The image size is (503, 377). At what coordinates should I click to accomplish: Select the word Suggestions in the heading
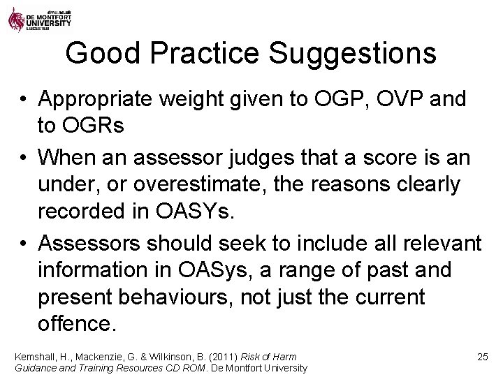click(357, 54)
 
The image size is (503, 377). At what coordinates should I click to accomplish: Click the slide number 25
click(481, 357)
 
